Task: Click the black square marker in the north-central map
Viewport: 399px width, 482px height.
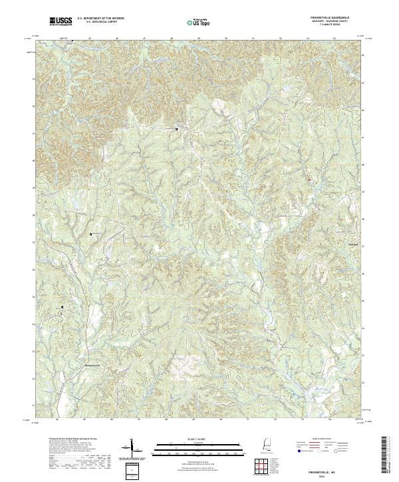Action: [176, 129]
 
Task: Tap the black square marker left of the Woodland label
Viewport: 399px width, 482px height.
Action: [91, 234]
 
